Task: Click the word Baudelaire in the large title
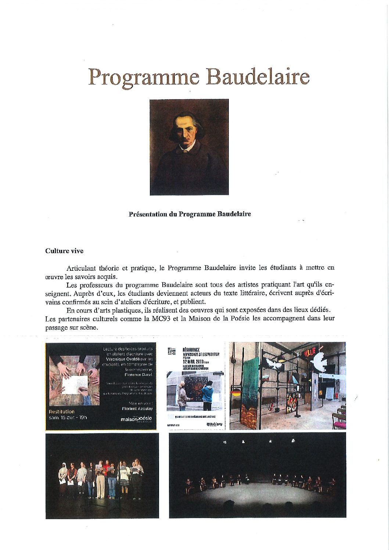coord(258,77)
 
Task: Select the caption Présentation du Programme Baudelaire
coord(190,214)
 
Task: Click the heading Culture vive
coord(64,251)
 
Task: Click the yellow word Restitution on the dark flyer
coord(62,411)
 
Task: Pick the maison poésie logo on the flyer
coord(136,418)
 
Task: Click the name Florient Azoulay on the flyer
coord(137,409)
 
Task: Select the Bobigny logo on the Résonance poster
coord(215,424)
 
